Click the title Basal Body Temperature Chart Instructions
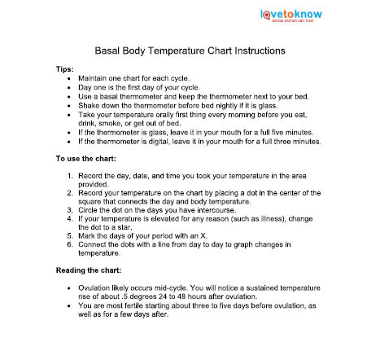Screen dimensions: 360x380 click(x=190, y=50)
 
